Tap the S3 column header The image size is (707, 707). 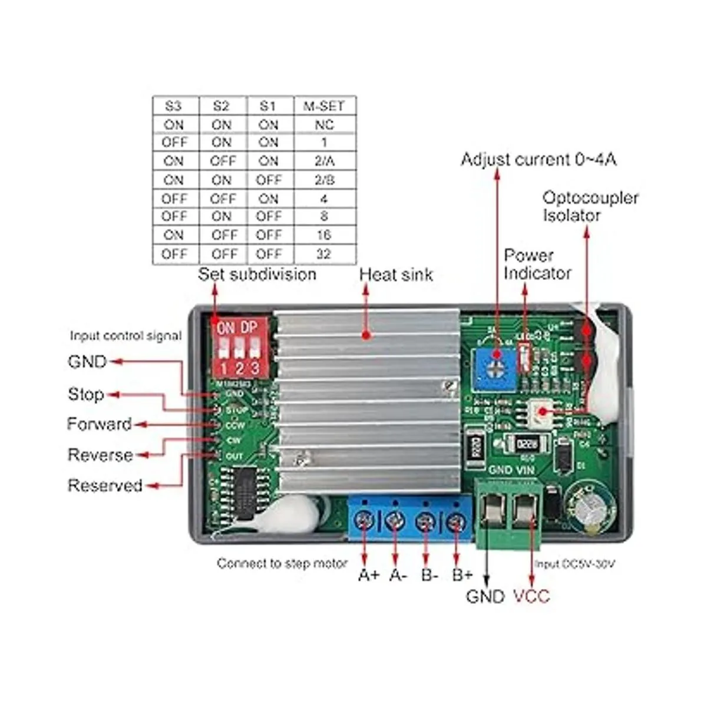point(174,106)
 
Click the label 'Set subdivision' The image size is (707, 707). point(257,275)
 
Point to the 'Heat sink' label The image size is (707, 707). point(396,275)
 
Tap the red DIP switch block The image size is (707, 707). point(239,347)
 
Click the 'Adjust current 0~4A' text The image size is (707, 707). point(538,160)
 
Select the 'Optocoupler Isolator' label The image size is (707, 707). point(590,206)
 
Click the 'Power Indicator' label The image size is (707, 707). point(537,265)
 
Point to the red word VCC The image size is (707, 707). point(531,596)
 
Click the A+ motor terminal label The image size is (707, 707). point(369,575)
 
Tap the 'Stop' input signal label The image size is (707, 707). point(86,394)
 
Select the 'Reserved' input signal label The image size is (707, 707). point(105,485)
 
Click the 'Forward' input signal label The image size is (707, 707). point(99,424)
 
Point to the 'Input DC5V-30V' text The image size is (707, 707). point(574,564)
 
